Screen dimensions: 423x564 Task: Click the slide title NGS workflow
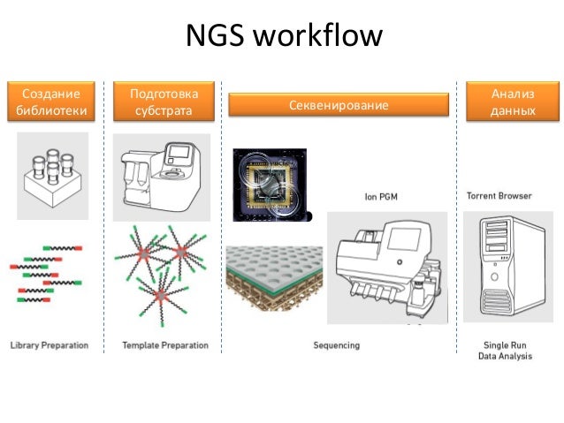click(x=283, y=37)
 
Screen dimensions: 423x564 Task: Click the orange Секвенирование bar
click(x=339, y=106)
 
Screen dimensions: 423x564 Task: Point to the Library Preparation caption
click(x=50, y=345)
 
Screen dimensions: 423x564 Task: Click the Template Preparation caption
click(x=165, y=345)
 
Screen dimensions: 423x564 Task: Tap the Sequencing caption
click(x=337, y=345)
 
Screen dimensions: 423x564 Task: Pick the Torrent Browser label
click(x=499, y=195)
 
